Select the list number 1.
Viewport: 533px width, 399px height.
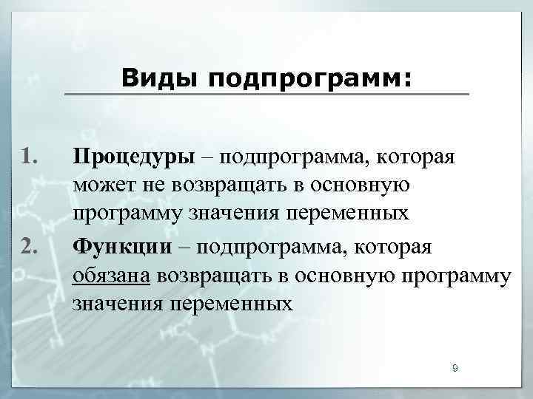pos(30,157)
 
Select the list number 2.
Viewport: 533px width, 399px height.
pos(30,245)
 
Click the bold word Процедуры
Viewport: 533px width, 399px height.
pos(134,157)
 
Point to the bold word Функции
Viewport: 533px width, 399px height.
pos(122,245)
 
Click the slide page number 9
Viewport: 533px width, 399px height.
pos(455,368)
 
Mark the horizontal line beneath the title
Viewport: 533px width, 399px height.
pos(266,94)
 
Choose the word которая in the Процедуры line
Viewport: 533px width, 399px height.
pos(418,157)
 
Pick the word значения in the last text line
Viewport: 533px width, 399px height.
pos(119,304)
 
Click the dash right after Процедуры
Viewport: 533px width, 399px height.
pos(207,157)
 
